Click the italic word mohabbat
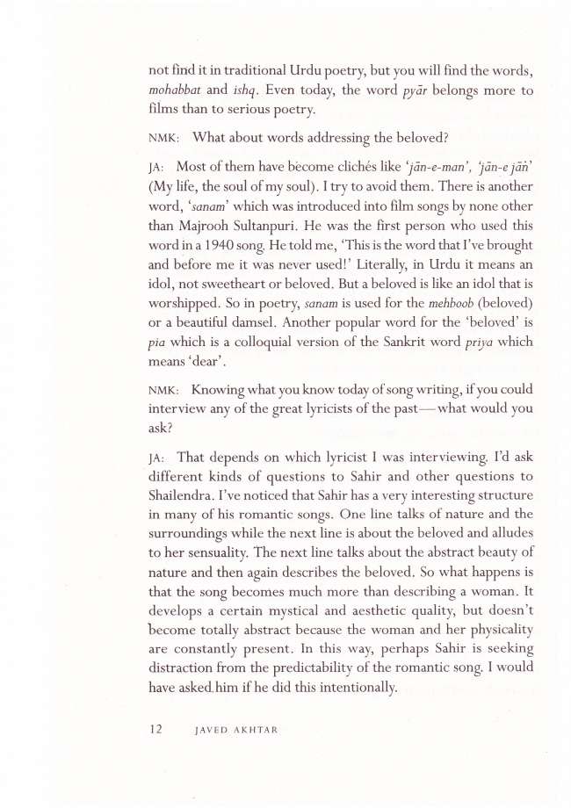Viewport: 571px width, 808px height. pyautogui.click(x=177, y=90)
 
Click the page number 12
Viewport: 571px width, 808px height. pyautogui.click(x=157, y=728)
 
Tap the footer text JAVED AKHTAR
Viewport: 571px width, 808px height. pyautogui.click(x=238, y=729)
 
